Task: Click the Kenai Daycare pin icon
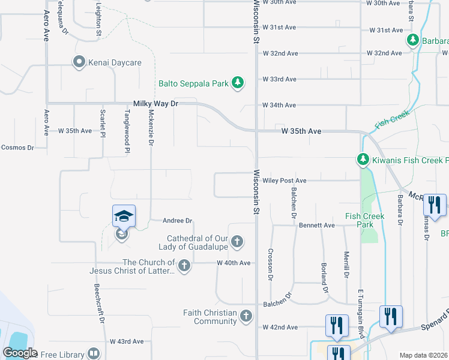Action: [79, 62]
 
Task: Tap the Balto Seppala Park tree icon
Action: [238, 83]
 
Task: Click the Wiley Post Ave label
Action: [284, 181]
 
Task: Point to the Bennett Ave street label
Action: [316, 226]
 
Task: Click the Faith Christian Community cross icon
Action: [246, 316]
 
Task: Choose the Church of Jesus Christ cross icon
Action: [184, 266]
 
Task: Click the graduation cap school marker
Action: [124, 216]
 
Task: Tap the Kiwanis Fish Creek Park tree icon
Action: [363, 160]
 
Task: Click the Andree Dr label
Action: [177, 221]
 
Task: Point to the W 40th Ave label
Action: [234, 263]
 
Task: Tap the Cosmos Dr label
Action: [17, 147]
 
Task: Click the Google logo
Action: [20, 353]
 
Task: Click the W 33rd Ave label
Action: [280, 79]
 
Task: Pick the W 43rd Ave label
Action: [127, 341]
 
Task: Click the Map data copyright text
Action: [423, 355]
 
